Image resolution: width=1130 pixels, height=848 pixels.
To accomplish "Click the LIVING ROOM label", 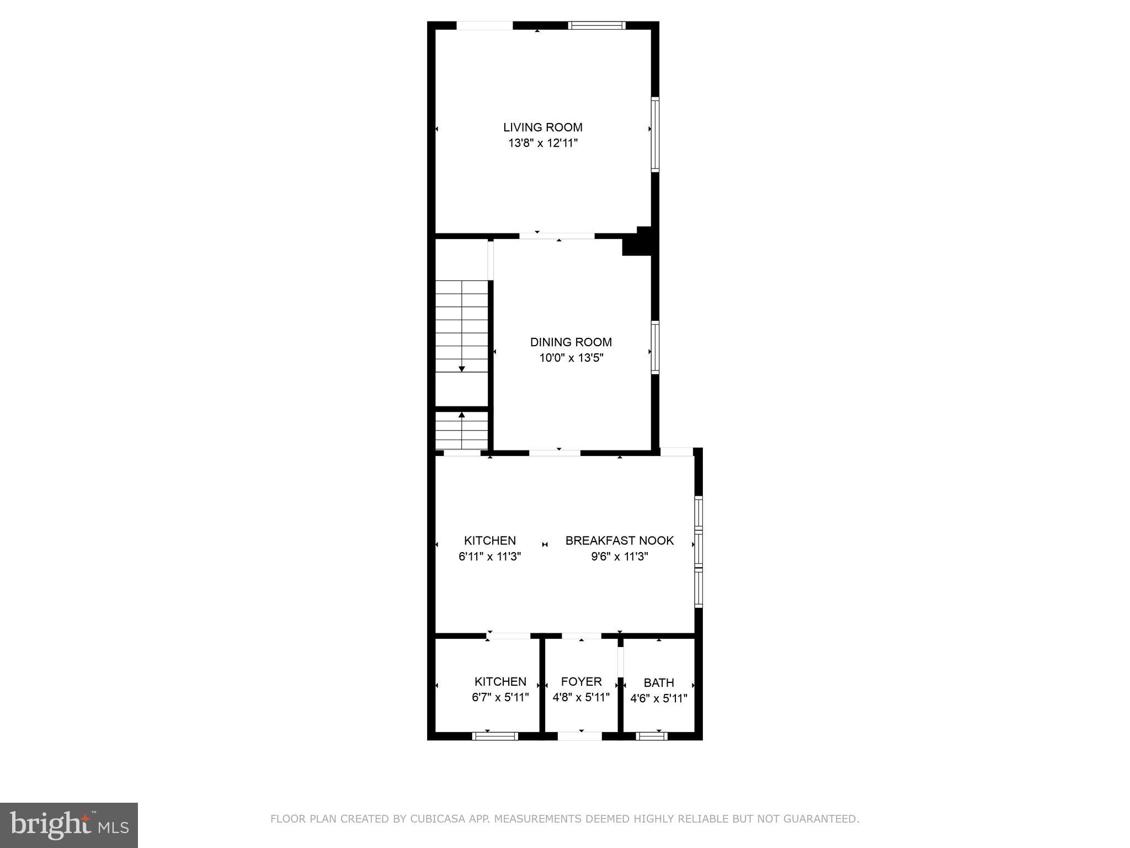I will click(x=542, y=128).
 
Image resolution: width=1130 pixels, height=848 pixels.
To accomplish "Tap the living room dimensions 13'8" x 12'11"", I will click(x=542, y=144).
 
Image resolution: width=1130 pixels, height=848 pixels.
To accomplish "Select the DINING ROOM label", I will click(x=571, y=342).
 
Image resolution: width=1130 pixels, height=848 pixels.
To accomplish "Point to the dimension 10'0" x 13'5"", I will click(x=571, y=358).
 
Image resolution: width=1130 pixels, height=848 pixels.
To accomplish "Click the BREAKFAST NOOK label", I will click(x=619, y=540).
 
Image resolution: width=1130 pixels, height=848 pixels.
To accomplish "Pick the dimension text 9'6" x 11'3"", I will click(x=619, y=556).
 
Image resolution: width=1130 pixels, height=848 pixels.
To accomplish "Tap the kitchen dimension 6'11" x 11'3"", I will click(x=489, y=556).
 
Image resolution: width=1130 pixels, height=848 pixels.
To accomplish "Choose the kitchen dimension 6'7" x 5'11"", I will click(x=500, y=697).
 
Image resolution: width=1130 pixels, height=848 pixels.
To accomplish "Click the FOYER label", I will click(x=581, y=682).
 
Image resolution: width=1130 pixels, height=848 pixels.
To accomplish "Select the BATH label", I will click(x=659, y=683).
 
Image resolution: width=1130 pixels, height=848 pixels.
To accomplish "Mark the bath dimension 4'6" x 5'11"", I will click(x=659, y=699).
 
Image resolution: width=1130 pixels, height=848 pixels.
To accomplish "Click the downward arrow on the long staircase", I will click(x=462, y=368).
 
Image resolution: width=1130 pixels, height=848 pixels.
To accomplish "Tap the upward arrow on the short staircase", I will click(x=462, y=415).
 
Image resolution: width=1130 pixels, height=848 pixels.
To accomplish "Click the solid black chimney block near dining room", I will click(x=639, y=242).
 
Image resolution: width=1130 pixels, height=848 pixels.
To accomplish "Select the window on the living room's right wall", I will click(x=655, y=134).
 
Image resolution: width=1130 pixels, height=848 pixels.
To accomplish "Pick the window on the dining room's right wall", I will click(x=655, y=348).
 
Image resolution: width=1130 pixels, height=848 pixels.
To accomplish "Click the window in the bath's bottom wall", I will click(x=651, y=736).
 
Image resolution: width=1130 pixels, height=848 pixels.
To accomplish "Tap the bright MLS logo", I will click(x=69, y=825).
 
